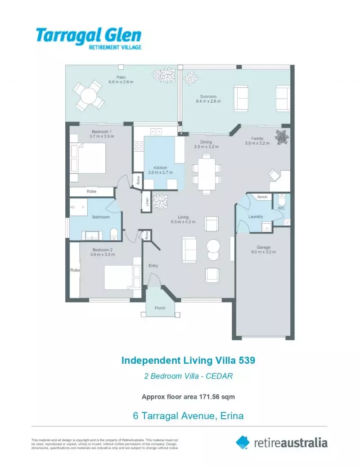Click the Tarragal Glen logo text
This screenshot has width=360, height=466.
[x=89, y=36]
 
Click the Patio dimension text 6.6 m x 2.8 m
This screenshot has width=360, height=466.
[x=121, y=82]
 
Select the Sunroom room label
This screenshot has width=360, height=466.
[x=208, y=97]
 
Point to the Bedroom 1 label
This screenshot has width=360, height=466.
[x=102, y=131]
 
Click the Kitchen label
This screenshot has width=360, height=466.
[x=160, y=167]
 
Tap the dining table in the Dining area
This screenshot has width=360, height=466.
[x=207, y=173]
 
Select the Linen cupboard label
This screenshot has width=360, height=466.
[x=147, y=202]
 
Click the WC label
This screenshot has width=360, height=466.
[x=281, y=208]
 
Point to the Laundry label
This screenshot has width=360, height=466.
[x=256, y=217]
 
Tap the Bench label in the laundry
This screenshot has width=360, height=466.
[x=262, y=197]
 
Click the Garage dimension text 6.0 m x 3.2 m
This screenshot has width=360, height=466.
[x=263, y=252]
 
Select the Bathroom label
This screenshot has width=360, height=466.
[x=101, y=217]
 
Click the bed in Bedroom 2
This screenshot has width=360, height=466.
[x=122, y=277]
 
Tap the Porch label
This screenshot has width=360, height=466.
[x=160, y=308]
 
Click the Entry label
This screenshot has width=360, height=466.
[x=153, y=266]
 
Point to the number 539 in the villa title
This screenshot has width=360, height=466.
[x=247, y=361]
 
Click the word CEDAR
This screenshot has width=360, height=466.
[x=219, y=376]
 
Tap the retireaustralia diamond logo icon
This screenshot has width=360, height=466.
[x=243, y=443]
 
